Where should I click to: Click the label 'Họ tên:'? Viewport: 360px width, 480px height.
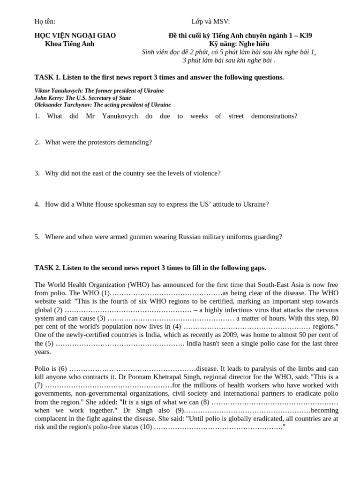pos(45,22)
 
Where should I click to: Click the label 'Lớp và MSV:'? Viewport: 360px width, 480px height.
pos(211,22)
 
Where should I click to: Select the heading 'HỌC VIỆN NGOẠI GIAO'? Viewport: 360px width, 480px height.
pos(75,36)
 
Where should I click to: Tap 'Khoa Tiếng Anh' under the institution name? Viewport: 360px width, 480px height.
pos(69,44)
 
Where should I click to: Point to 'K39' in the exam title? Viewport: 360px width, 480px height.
pos(305,36)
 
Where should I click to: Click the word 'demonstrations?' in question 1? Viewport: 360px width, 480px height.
pos(274,116)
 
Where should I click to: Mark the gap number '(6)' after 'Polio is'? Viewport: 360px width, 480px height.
pos(63,369)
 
